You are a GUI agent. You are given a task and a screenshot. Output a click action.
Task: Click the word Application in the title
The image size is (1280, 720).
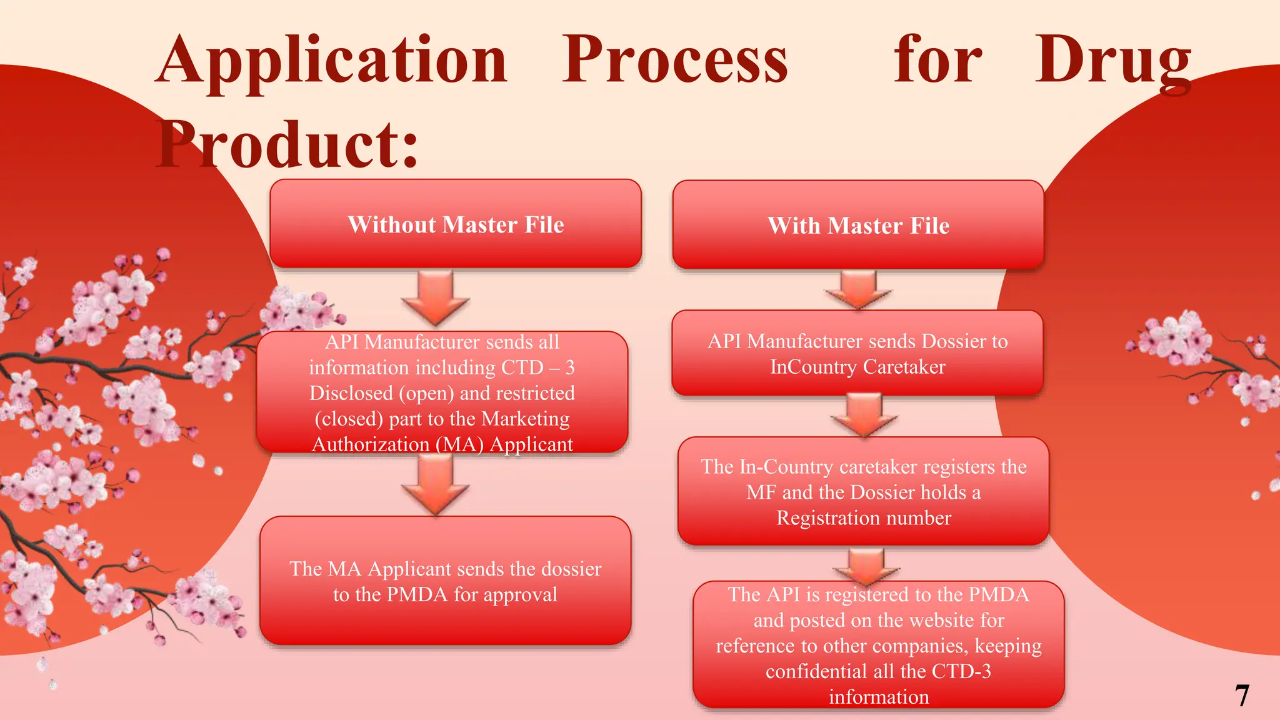(331, 61)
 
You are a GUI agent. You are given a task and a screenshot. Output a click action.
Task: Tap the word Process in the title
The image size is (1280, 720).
(675, 61)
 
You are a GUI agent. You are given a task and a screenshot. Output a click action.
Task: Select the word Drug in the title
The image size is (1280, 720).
(1112, 61)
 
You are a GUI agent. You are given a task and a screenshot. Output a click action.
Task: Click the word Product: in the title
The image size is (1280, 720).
(287, 145)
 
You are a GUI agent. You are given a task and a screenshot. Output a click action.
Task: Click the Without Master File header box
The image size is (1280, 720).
(456, 224)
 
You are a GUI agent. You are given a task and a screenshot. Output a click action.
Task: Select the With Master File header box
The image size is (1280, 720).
(858, 225)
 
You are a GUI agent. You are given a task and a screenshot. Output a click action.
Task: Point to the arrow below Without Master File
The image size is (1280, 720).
(436, 297)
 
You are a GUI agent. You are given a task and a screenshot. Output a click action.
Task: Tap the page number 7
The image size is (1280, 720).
(1242, 696)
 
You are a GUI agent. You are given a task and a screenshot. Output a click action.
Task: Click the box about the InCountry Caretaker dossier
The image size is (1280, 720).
(857, 354)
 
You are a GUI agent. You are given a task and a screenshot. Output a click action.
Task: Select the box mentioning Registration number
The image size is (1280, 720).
(863, 492)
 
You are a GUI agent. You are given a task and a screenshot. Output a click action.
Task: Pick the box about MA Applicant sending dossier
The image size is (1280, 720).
(445, 581)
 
